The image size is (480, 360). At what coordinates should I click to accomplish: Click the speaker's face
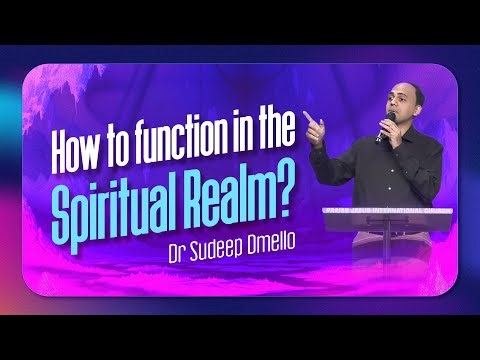[x=406, y=106]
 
